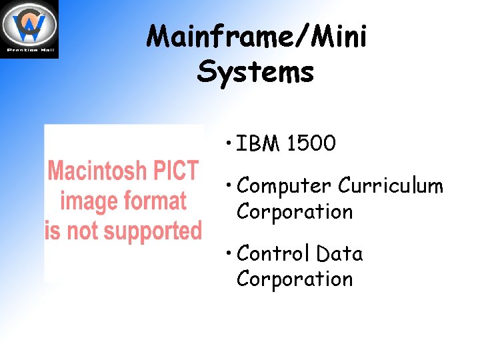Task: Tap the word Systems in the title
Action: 255,71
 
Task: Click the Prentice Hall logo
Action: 29,29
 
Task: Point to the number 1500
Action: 311,143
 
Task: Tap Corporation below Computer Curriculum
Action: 295,211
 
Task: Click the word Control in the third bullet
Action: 273,253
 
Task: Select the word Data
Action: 339,253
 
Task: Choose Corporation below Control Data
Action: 295,279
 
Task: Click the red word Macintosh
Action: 97,171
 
